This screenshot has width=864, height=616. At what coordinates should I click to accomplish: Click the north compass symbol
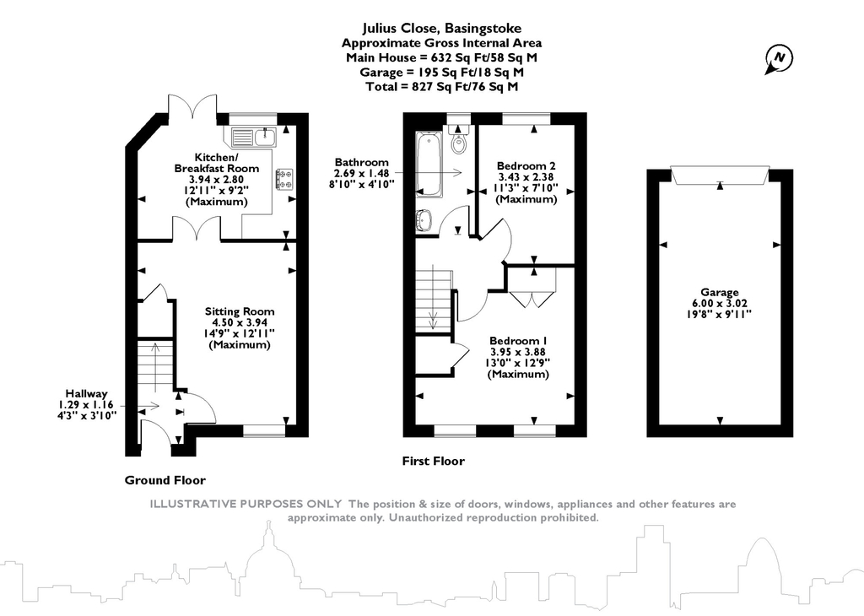[779, 58]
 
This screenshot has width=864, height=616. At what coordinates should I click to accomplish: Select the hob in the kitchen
[284, 179]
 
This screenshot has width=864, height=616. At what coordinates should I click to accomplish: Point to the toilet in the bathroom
[458, 140]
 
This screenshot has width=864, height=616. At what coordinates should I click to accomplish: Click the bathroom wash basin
[424, 219]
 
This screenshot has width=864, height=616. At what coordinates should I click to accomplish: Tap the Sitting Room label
[240, 311]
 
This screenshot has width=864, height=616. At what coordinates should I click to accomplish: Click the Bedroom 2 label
[526, 165]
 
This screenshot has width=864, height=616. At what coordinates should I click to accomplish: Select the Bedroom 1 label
[518, 341]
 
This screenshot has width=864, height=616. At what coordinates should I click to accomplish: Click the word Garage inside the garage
[720, 293]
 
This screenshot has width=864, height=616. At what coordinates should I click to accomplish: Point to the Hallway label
[87, 393]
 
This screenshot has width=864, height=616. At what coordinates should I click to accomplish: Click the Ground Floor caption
[165, 480]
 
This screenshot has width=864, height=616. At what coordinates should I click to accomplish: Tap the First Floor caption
[433, 461]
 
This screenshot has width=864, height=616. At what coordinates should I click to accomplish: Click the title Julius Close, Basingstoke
[442, 28]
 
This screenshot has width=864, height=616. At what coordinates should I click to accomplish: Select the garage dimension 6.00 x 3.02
[720, 303]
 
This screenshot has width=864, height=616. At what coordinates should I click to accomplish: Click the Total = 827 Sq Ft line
[442, 87]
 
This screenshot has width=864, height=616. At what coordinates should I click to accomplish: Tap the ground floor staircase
[155, 366]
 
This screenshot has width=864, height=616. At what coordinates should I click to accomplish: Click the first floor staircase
[434, 300]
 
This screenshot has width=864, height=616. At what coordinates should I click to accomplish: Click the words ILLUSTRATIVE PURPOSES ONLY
[246, 504]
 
